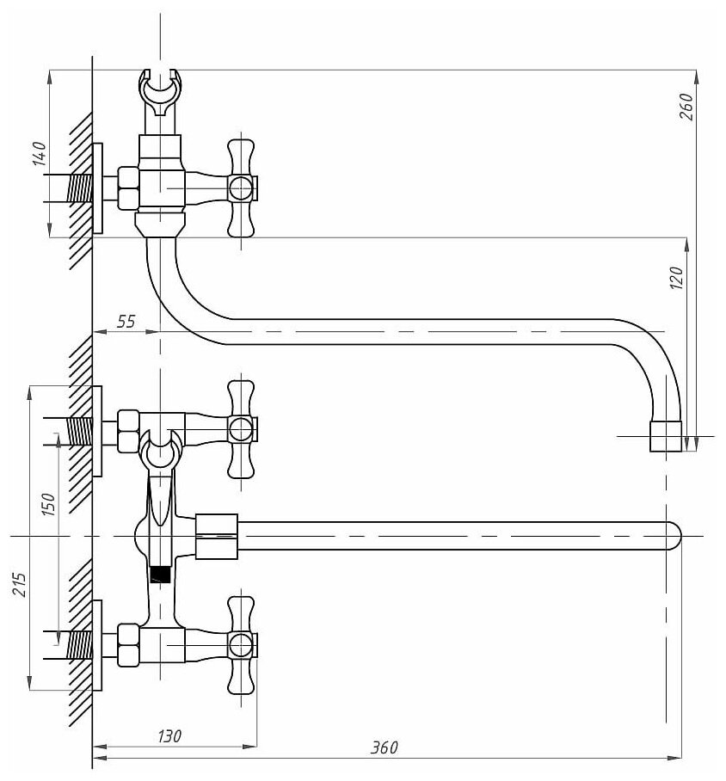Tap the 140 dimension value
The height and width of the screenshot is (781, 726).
point(39,155)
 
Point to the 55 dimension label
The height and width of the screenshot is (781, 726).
point(126,322)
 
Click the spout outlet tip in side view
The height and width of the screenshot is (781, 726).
point(665,436)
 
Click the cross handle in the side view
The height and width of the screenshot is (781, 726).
point(241,187)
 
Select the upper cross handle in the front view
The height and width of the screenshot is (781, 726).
point(241,427)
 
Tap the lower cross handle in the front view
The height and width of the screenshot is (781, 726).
point(241,644)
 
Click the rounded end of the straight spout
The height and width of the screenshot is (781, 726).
point(674,536)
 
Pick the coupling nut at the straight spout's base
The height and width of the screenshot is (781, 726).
point(216,536)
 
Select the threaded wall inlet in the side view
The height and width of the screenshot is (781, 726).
point(81,188)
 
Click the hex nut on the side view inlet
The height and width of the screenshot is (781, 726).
point(127,188)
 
